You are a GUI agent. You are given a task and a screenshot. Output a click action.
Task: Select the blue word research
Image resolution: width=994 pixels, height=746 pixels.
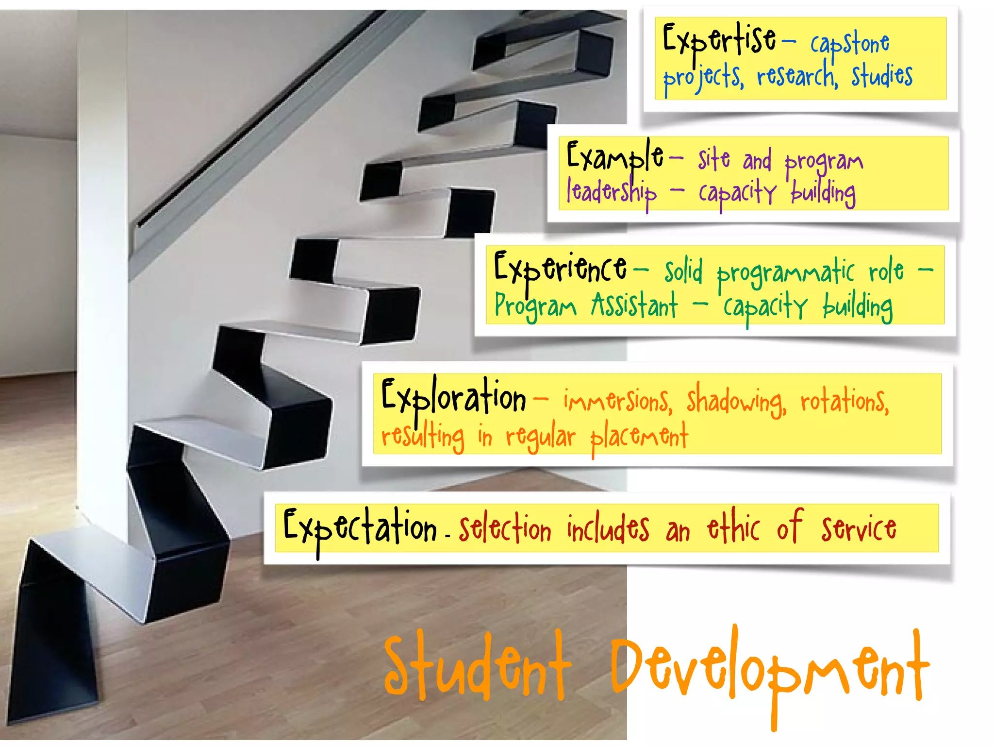tap(797, 77)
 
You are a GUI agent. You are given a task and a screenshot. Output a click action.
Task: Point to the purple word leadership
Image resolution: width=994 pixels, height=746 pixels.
tap(612, 192)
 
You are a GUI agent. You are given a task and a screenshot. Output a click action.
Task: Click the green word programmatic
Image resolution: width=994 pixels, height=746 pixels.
tap(785, 273)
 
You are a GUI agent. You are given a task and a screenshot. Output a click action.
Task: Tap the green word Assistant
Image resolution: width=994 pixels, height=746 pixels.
tap(634, 306)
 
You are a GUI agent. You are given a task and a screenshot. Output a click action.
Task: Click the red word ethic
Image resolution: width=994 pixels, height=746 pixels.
tap(733, 527)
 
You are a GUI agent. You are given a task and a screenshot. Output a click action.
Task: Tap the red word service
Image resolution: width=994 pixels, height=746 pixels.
tap(859, 529)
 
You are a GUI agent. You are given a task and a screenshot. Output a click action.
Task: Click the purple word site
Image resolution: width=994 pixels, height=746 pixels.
tap(714, 159)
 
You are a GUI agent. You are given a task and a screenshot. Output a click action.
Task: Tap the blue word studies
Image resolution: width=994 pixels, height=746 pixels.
tap(882, 76)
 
